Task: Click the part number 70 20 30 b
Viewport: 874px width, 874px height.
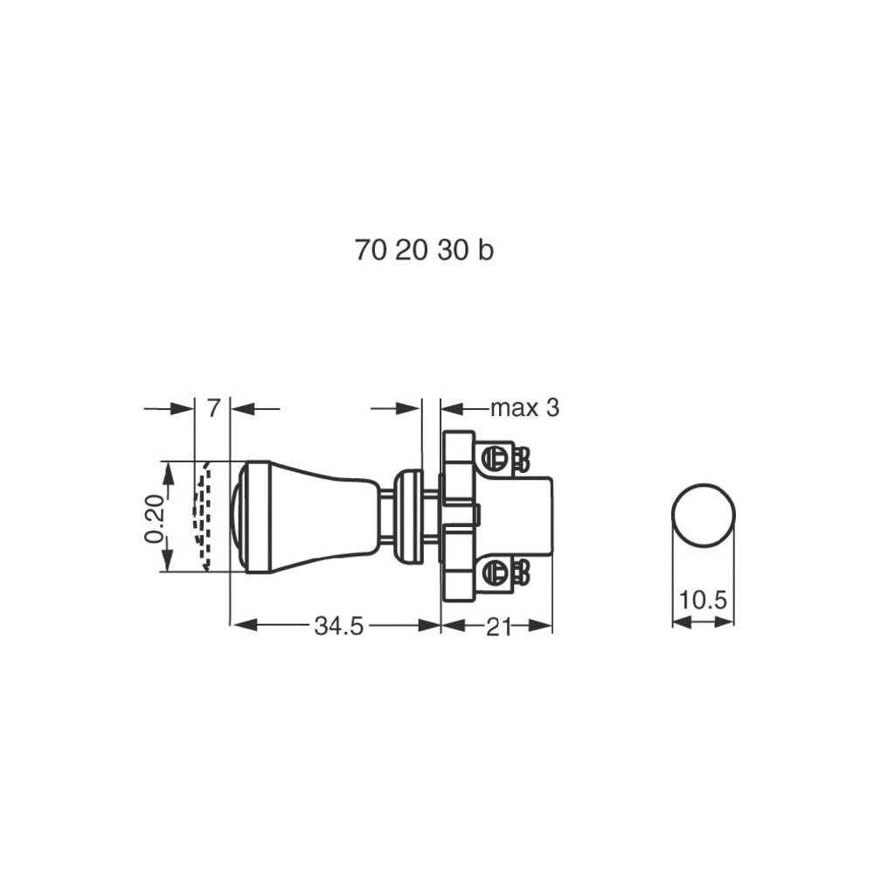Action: [424, 250]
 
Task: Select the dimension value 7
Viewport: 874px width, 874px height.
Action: [213, 408]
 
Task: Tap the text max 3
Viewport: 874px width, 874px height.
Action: [524, 408]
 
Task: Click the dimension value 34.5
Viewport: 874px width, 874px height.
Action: [338, 626]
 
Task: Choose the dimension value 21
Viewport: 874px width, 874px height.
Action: [498, 627]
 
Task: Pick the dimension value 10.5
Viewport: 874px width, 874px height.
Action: [703, 600]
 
